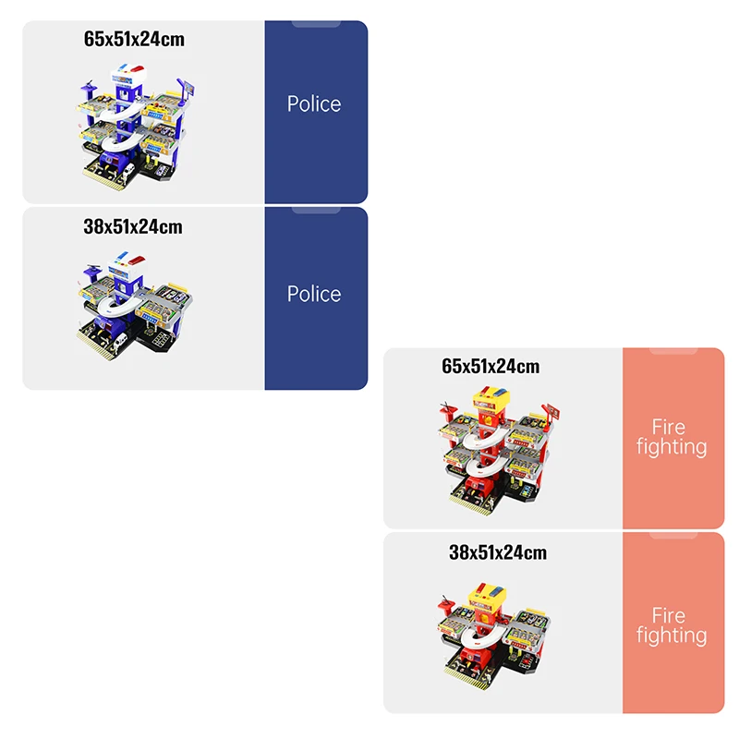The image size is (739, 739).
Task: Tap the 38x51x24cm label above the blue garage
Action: click(132, 226)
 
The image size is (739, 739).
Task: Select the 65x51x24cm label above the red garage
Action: click(491, 366)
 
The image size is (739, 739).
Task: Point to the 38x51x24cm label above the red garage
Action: click(497, 552)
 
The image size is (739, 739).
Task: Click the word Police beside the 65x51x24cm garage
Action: click(314, 103)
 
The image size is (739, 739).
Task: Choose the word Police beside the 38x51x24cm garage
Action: click(314, 294)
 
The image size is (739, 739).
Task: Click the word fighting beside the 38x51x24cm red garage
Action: click(672, 636)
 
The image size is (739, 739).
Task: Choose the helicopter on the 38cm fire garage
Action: click(448, 604)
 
